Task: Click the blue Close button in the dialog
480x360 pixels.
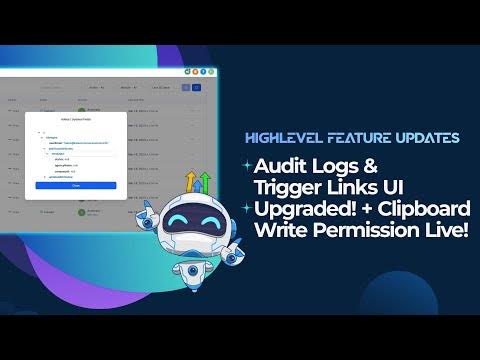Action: (x=76, y=185)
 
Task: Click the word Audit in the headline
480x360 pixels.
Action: (x=284, y=164)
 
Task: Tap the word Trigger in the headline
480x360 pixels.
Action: (x=290, y=186)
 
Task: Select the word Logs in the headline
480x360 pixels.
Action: (x=346, y=164)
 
